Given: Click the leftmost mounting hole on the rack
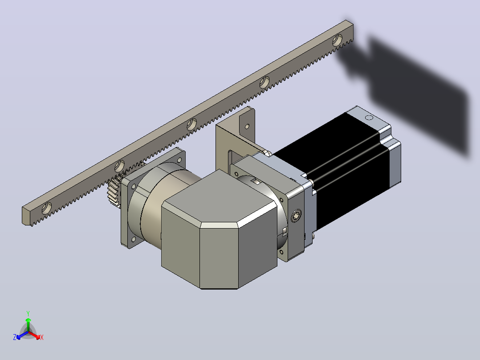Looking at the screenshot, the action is [x=46, y=208].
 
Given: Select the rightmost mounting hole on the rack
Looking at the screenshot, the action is [x=338, y=40].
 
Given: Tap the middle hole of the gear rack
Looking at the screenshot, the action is [x=192, y=124].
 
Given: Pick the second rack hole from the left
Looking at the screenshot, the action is [x=119, y=166].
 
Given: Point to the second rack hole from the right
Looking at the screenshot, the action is [x=264, y=82].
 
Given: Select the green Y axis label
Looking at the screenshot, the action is [x=28, y=314].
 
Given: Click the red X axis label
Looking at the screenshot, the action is [x=42, y=337].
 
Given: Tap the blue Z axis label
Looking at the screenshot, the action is [x=15, y=337].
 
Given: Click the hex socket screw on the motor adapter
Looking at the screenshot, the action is [x=296, y=216].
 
